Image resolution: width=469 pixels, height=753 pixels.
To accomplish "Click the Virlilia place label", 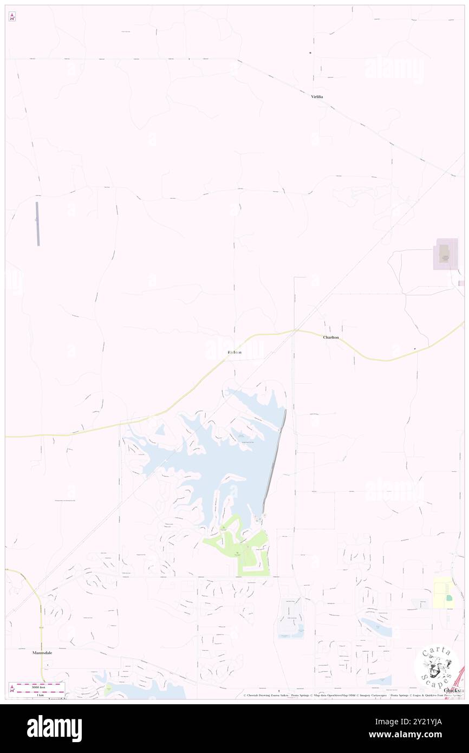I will click(317, 96).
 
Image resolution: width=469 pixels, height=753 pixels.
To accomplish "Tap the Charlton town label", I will click(331, 337).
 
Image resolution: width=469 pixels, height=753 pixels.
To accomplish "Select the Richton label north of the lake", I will click(234, 353).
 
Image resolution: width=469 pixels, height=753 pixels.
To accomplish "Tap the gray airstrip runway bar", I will click(38, 224).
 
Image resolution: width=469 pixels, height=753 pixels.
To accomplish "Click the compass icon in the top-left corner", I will click(12, 17).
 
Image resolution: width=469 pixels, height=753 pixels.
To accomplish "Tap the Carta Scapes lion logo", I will click(437, 667).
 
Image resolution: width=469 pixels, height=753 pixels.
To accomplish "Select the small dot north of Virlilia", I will click(310, 53).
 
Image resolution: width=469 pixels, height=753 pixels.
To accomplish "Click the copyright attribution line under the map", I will click(347, 695).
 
